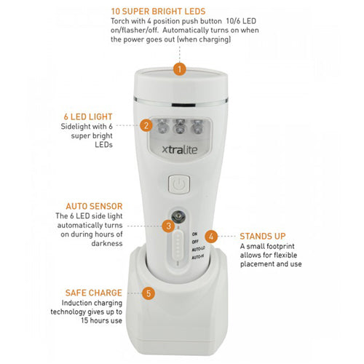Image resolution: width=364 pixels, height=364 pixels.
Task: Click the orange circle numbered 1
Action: (180, 69)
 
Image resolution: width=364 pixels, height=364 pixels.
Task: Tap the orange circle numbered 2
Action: (146, 124)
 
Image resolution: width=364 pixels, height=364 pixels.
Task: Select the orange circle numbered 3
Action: (168, 226)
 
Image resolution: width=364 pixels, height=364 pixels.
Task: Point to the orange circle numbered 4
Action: (211, 236)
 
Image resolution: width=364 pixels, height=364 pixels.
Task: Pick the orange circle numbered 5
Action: (149, 293)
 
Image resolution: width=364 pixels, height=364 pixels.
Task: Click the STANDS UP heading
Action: (261, 236)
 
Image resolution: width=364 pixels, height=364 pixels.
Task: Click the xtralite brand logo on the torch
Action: (178, 152)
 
